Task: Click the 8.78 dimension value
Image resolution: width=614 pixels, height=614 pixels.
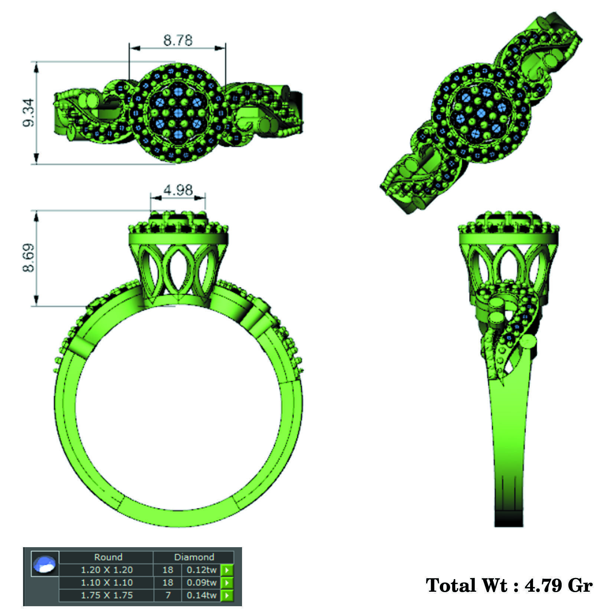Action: click(x=178, y=40)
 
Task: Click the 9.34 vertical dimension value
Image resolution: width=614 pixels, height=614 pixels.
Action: click(x=29, y=113)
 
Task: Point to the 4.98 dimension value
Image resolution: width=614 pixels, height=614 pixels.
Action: click(x=178, y=190)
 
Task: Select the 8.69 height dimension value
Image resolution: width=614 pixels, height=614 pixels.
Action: click(x=29, y=258)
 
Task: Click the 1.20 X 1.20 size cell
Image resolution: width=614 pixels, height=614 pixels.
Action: click(x=107, y=569)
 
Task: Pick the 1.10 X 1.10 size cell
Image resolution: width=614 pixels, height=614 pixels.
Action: click(x=107, y=582)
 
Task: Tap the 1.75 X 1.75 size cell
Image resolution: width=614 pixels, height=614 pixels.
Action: click(x=107, y=595)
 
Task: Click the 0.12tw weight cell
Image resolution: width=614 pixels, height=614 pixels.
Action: click(x=201, y=569)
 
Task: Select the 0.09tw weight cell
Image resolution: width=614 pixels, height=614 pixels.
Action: click(x=201, y=582)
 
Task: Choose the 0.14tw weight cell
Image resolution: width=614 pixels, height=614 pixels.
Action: click(x=201, y=595)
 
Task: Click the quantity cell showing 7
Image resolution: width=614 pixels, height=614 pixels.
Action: click(x=168, y=595)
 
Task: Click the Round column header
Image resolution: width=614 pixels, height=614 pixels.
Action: click(x=108, y=557)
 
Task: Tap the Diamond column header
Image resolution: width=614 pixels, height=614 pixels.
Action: click(x=194, y=557)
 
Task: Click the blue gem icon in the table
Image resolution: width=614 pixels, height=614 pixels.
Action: click(x=45, y=564)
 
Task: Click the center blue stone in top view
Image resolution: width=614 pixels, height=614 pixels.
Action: click(x=178, y=113)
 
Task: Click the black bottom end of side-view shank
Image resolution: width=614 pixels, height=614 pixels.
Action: click(x=509, y=520)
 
